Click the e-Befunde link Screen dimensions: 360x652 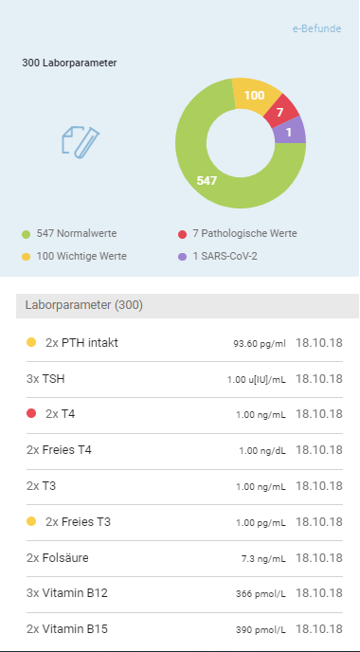[x=316, y=28]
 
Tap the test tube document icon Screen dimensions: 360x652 [x=81, y=142]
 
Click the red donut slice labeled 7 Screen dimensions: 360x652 [x=281, y=112]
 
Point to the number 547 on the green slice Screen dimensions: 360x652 [x=207, y=180]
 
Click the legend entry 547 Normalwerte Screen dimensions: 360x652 [x=69, y=234]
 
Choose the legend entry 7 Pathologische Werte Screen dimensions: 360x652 [x=238, y=234]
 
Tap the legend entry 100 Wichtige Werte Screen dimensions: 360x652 [x=75, y=257]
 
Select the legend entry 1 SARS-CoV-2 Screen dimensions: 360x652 [x=217, y=257]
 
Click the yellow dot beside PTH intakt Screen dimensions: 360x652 [x=31, y=342]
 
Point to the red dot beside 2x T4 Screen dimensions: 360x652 [x=31, y=413]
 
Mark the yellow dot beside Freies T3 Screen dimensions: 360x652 [x=31, y=521]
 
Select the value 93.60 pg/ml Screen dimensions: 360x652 [x=260, y=344]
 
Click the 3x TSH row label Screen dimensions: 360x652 [x=45, y=379]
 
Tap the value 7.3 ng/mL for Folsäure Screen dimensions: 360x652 [x=263, y=559]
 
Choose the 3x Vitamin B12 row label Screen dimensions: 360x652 [x=67, y=593]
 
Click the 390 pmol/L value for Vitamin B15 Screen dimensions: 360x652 [x=261, y=630]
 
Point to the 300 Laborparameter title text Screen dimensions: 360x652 [x=69, y=63]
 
